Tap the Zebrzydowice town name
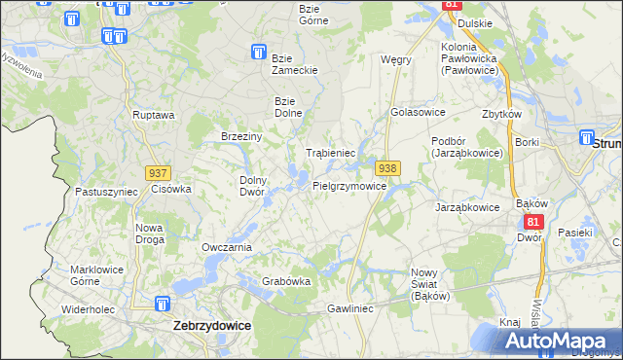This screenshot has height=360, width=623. coord(212,328)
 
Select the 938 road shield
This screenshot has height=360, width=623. coord(387,168)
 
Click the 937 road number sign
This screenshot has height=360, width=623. coord(159,172)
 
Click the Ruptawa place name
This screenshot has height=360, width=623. coord(154,115)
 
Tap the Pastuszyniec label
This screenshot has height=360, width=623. coord(106,193)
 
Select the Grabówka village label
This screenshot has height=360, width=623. coord(286,282)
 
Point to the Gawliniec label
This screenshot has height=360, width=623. coord(350,308)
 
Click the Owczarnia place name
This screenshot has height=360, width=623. coord(227,247)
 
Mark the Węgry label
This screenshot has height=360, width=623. coord(396,59)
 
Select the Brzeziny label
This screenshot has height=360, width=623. coord(241,137)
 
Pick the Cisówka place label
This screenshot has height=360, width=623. coord(171,189)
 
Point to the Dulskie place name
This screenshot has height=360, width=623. coord(473,23)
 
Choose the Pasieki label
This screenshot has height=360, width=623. coord(575,233)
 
